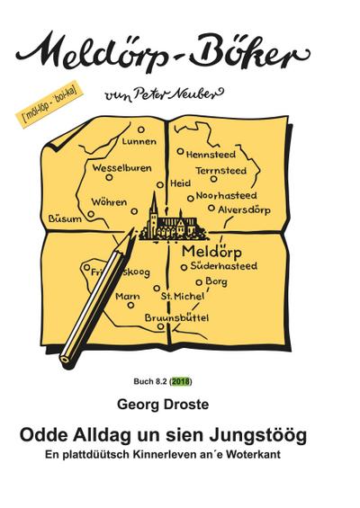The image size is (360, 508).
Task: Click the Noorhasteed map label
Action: [x=226, y=195]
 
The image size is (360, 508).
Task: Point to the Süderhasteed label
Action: [x=225, y=266]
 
